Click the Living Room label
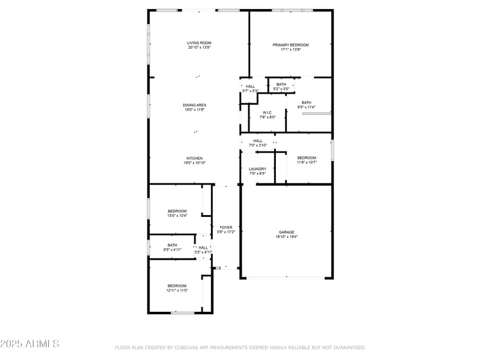click(x=199, y=43)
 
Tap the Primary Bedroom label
click(x=290, y=45)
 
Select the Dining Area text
click(x=194, y=105)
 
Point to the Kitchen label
click(x=194, y=158)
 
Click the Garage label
click(x=286, y=232)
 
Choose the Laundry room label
click(x=257, y=169)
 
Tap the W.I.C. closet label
click(x=268, y=112)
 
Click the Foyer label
click(x=225, y=227)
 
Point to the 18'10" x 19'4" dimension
click(x=286, y=237)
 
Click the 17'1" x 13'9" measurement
click(x=290, y=50)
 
